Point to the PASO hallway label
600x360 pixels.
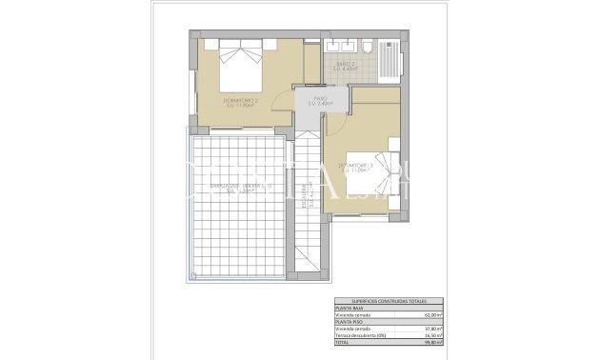pyautogui.click(x=320, y=101)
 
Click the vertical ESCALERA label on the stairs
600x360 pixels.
pyautogui.click(x=306, y=200)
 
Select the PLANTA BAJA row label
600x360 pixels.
pyautogui.click(x=349, y=309)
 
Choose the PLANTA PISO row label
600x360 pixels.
pyautogui.click(x=349, y=323)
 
